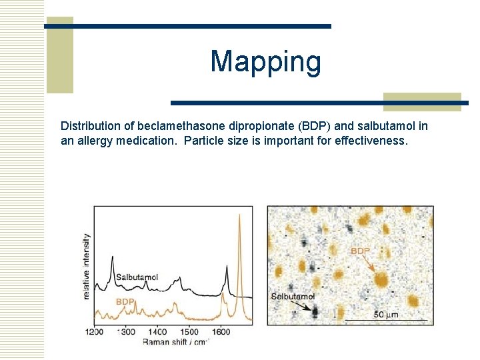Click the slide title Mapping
pyautogui.click(x=265, y=62)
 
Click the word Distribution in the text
pyautogui.click(x=87, y=126)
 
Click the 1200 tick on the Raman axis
pyautogui.click(x=94, y=331)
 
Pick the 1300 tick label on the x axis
pyautogui.click(x=126, y=331)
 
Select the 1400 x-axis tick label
pyautogui.click(x=158, y=331)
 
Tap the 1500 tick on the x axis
pyautogui.click(x=189, y=331)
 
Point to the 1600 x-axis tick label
pyautogui.click(x=221, y=331)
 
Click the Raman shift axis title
pyautogui.click(x=176, y=341)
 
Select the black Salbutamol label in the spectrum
pyautogui.click(x=137, y=277)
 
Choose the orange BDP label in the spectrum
pyautogui.click(x=125, y=302)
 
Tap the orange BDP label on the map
pyautogui.click(x=361, y=251)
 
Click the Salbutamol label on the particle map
pyautogui.click(x=293, y=296)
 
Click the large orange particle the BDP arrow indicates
pyautogui.click(x=381, y=278)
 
